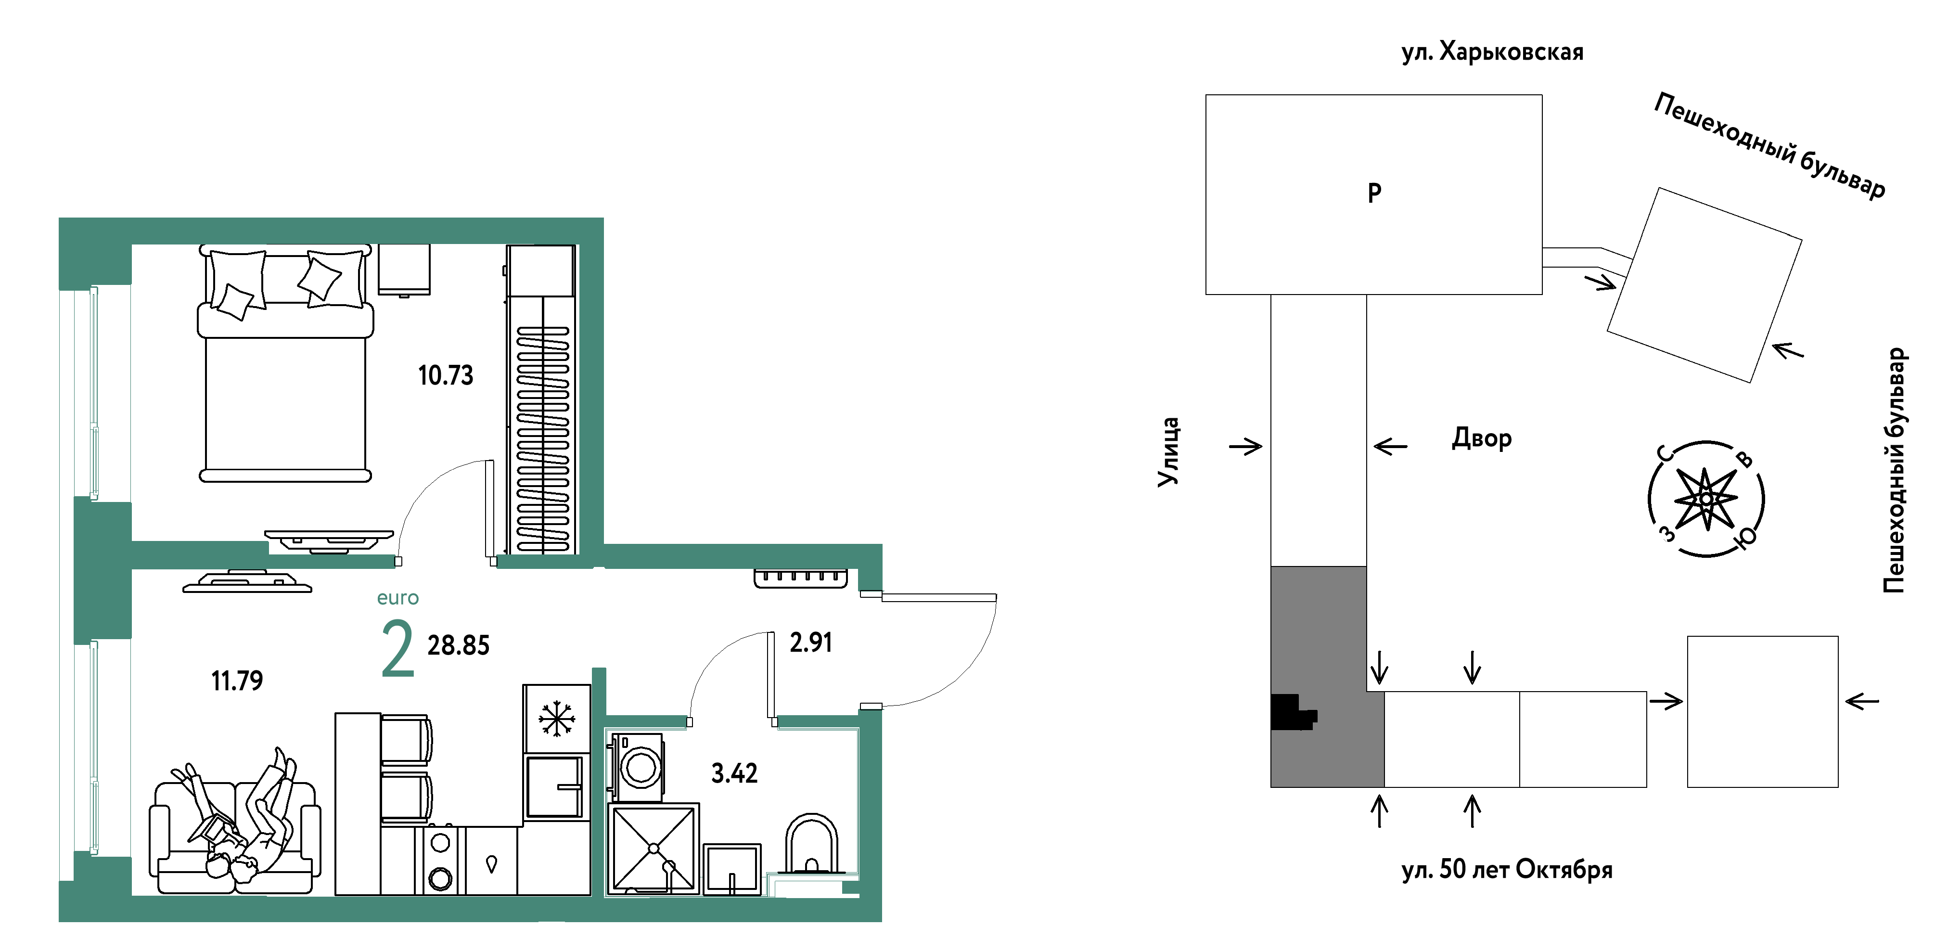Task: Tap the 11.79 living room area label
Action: [x=237, y=681]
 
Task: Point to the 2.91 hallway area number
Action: [x=811, y=642]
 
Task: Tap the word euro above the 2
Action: [x=398, y=598]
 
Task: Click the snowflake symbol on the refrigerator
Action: [x=557, y=718]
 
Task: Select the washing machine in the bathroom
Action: [x=638, y=767]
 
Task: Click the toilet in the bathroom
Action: [x=811, y=845]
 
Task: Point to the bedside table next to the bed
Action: [x=404, y=270]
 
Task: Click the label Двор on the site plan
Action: [x=1481, y=438]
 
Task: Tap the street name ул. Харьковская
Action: [x=1492, y=51]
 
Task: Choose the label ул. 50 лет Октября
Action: [x=1506, y=869]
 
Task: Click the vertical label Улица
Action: [x=1168, y=452]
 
